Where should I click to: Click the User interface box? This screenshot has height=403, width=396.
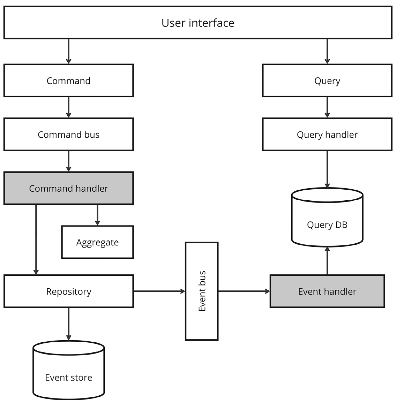click(x=198, y=23)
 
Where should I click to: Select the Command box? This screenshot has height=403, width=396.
click(x=68, y=81)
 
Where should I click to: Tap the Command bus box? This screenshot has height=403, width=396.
click(x=68, y=135)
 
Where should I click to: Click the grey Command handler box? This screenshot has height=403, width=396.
click(x=68, y=188)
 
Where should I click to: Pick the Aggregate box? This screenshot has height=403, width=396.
click(x=97, y=242)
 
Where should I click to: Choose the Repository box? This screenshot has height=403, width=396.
click(x=68, y=291)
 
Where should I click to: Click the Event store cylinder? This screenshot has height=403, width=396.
click(x=68, y=373)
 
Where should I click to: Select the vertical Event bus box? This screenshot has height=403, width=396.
click(x=202, y=291)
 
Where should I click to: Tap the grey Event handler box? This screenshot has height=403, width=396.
click(x=327, y=291)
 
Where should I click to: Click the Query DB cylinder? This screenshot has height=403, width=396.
click(x=327, y=220)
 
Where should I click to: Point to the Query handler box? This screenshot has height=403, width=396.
click(x=327, y=135)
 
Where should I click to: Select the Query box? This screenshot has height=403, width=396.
click(x=327, y=81)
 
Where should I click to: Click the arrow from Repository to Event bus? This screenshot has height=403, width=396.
click(x=159, y=291)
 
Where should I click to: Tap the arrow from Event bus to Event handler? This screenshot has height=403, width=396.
click(x=244, y=291)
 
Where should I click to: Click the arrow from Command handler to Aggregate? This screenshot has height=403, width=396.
click(x=97, y=215)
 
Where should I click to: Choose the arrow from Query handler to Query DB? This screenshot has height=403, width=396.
click(x=327, y=169)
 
